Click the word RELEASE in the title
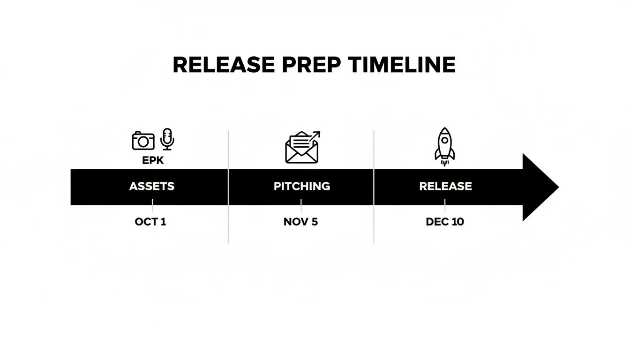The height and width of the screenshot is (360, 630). click(224, 65)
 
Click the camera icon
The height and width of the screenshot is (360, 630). click(143, 141)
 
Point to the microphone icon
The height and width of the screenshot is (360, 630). click(167, 139)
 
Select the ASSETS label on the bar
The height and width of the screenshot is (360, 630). click(151, 186)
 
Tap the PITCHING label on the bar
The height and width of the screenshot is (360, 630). click(301, 186)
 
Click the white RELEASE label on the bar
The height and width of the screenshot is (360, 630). click(445, 186)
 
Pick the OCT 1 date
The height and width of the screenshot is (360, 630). click(150, 222)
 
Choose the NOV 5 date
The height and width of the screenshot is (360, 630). click(300, 222)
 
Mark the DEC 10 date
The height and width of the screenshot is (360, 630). click(445, 222)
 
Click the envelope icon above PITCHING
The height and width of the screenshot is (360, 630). click(301, 149)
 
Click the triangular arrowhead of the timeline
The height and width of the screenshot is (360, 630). click(539, 187)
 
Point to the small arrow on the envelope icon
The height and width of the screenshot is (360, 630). click(315, 135)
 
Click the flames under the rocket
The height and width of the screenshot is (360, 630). click(444, 163)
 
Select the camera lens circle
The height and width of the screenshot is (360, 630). click(144, 142)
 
